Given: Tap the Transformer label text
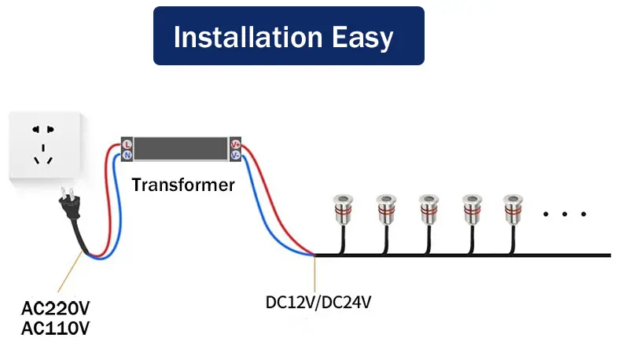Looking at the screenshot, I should tap(183, 186).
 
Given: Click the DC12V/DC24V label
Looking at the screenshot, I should tap(318, 302).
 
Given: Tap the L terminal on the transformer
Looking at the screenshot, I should tap(127, 145).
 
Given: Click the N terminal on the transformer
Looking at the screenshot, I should tap(127, 156).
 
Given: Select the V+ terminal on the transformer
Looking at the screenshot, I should tap(235, 145).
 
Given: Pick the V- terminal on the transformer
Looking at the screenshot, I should tap(235, 156).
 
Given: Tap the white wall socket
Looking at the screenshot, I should tap(43, 147).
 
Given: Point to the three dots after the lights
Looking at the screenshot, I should tap(565, 214).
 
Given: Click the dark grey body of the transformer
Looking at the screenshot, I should tap(181, 149).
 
